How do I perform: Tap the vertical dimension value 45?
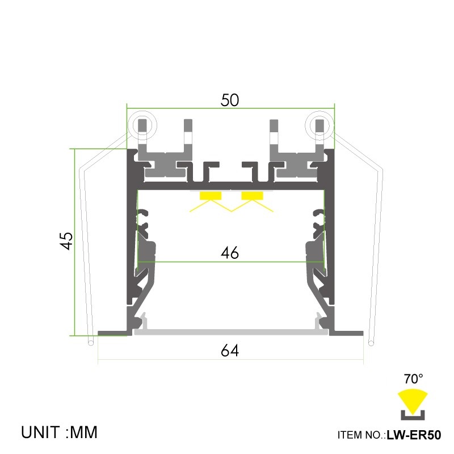(67, 241)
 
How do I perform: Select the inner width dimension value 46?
(230, 253)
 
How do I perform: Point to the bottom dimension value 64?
(230, 351)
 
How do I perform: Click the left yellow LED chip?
(210, 196)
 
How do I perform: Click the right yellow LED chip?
(253, 196)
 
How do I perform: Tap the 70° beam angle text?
(413, 378)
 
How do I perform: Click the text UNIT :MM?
(60, 432)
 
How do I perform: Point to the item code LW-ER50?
(414, 435)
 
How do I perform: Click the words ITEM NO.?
(361, 436)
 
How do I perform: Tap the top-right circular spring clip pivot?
(320, 124)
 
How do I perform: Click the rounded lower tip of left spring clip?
(91, 342)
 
